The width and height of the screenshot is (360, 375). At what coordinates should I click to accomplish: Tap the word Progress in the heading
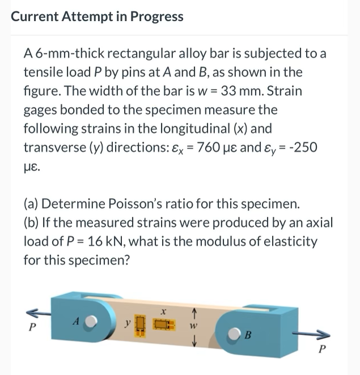[156, 16]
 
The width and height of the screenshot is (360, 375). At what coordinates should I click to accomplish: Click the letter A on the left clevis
[74, 321]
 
